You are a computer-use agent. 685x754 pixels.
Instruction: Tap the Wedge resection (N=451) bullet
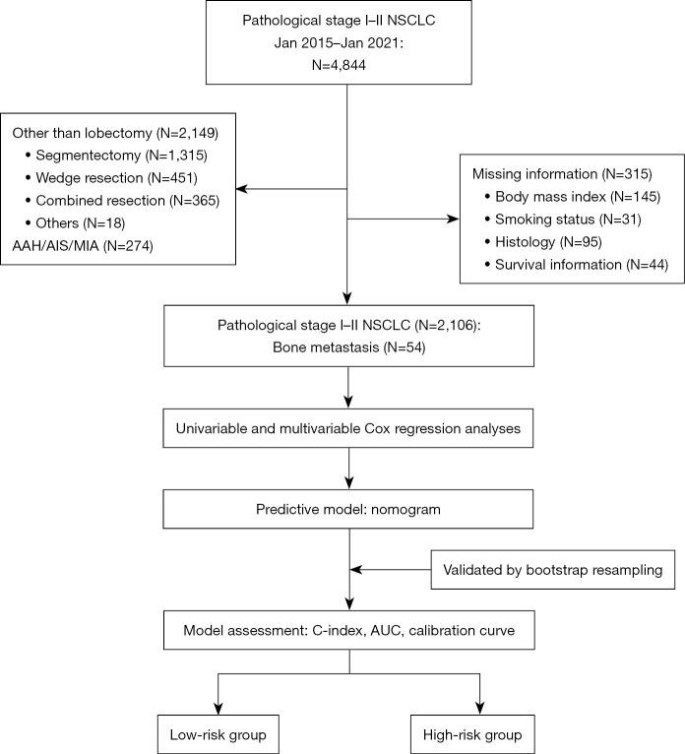[x=116, y=178]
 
